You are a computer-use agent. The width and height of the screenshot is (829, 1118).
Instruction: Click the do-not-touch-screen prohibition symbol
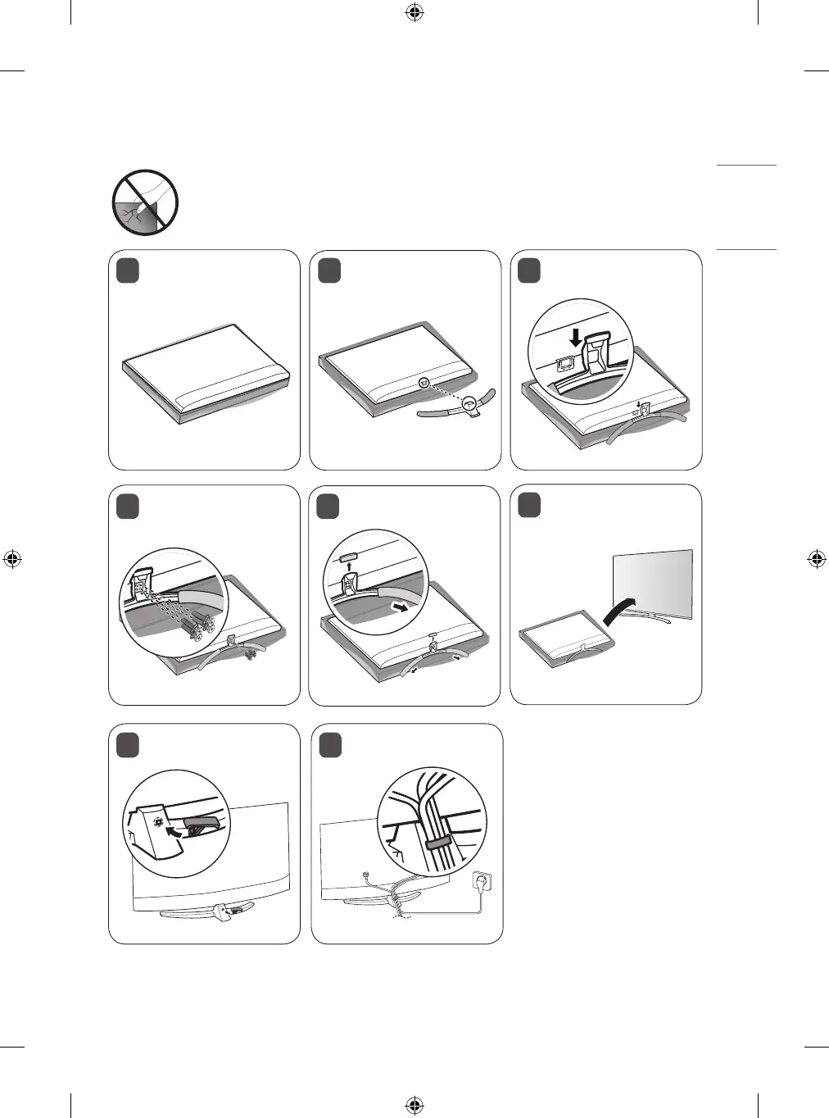pyautogui.click(x=145, y=202)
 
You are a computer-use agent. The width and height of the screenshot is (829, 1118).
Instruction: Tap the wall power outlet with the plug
pyautogui.click(x=483, y=884)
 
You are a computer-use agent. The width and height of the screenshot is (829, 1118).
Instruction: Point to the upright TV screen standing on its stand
pyautogui.click(x=653, y=584)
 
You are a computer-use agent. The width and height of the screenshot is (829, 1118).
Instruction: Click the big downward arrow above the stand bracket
pyautogui.click(x=577, y=337)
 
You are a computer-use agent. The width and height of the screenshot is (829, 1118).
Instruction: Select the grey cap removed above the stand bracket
pyautogui.click(x=347, y=555)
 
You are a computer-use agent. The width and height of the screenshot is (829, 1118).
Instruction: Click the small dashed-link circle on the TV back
pyautogui.click(x=423, y=382)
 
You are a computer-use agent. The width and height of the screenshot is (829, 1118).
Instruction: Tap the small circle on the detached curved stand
pyautogui.click(x=469, y=402)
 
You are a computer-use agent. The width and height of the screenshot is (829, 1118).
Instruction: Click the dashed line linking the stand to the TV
pyautogui.click(x=446, y=392)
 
